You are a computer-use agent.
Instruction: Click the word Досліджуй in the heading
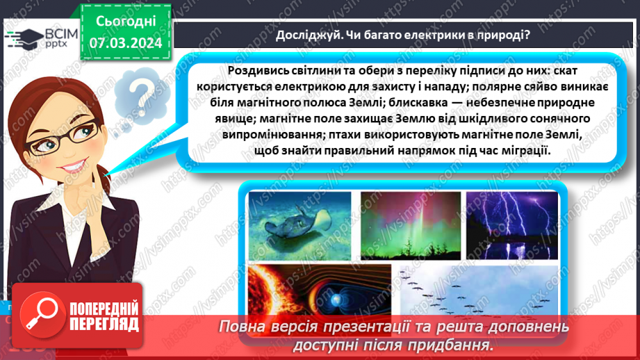(305, 35)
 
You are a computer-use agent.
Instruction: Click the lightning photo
(511, 224)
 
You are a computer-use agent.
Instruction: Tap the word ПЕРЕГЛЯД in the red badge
(104, 324)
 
